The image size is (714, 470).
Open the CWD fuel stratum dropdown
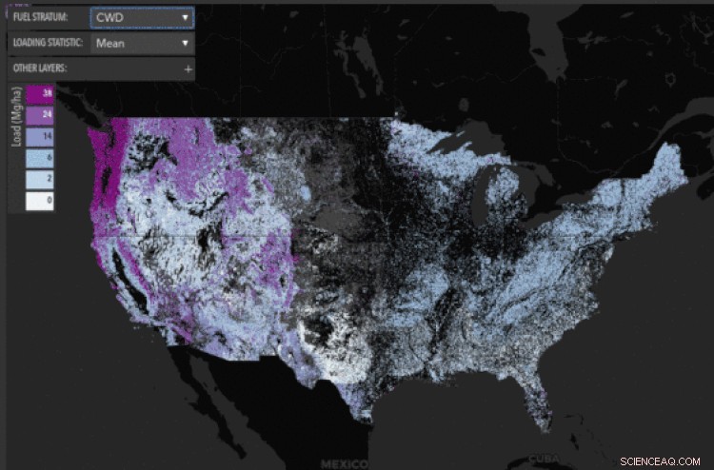tap(142, 17)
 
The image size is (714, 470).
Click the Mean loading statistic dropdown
tap(142, 43)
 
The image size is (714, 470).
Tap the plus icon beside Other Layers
tap(188, 69)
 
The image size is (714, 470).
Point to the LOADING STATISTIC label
tap(48, 43)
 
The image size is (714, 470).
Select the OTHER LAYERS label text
tap(39, 69)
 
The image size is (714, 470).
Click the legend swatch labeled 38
tap(41, 93)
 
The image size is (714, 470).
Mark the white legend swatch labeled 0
tap(41, 201)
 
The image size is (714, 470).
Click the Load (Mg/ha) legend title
tap(15, 147)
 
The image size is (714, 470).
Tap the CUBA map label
tap(545, 455)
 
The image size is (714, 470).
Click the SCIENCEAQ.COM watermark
tap(658, 459)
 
